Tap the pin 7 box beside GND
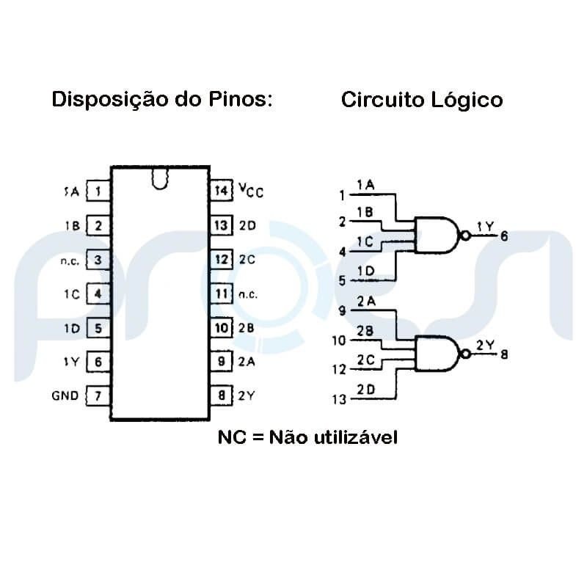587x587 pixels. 98,396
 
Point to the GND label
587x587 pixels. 65,396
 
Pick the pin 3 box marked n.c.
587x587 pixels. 98,260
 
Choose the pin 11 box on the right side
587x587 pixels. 221,294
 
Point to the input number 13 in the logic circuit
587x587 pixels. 338,400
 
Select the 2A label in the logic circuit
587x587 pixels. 366,301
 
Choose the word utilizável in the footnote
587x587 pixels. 355,438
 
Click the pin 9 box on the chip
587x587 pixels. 221,361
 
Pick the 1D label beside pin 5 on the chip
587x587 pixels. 71,328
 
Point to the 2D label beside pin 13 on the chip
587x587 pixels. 247,225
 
